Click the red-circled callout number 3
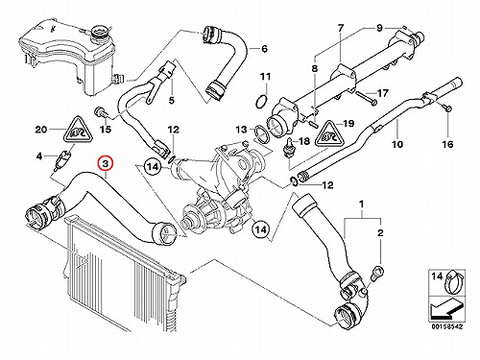[106, 163]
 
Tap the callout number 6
[264, 49]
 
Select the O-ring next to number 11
[261, 102]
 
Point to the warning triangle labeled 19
[328, 134]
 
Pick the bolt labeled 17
[367, 99]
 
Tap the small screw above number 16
[447, 108]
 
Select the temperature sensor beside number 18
[289, 148]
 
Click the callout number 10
[397, 144]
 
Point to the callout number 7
[341, 28]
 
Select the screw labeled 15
[100, 112]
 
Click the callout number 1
[362, 204]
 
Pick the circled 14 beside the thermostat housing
[153, 167]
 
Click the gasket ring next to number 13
[262, 133]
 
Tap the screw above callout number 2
[376, 273]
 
